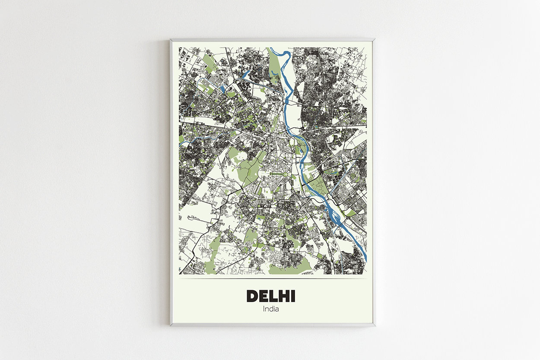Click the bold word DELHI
(271, 296)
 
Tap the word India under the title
(271, 309)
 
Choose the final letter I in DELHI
(293, 296)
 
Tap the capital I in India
(264, 309)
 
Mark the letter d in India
(271, 309)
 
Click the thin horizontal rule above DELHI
(273, 278)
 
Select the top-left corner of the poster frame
(171, 40)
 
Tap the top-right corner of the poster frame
(374, 40)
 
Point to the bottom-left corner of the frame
(171, 325)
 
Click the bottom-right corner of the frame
(374, 325)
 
